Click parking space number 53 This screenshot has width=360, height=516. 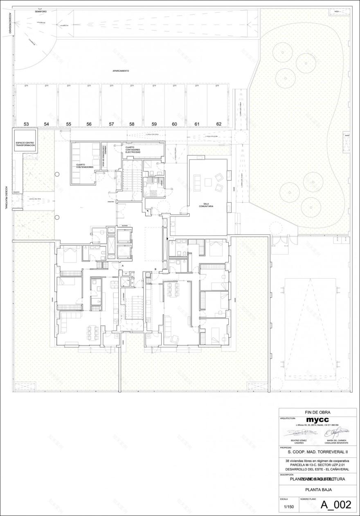(x=26, y=124)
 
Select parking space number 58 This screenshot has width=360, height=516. (x=132, y=124)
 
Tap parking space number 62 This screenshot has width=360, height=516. (x=219, y=124)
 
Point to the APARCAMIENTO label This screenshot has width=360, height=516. (x=121, y=71)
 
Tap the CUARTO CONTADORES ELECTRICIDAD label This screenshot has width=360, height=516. (x=133, y=150)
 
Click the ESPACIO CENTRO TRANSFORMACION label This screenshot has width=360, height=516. (x=25, y=144)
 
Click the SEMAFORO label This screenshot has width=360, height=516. (x=41, y=11)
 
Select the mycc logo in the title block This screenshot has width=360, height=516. (x=317, y=420)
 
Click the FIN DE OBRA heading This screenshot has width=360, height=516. (x=317, y=412)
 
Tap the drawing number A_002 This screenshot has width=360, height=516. (x=335, y=505)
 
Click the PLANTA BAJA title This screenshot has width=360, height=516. (x=318, y=489)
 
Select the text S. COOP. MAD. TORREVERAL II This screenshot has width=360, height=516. (x=317, y=452)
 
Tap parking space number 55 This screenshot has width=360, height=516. (x=68, y=124)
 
